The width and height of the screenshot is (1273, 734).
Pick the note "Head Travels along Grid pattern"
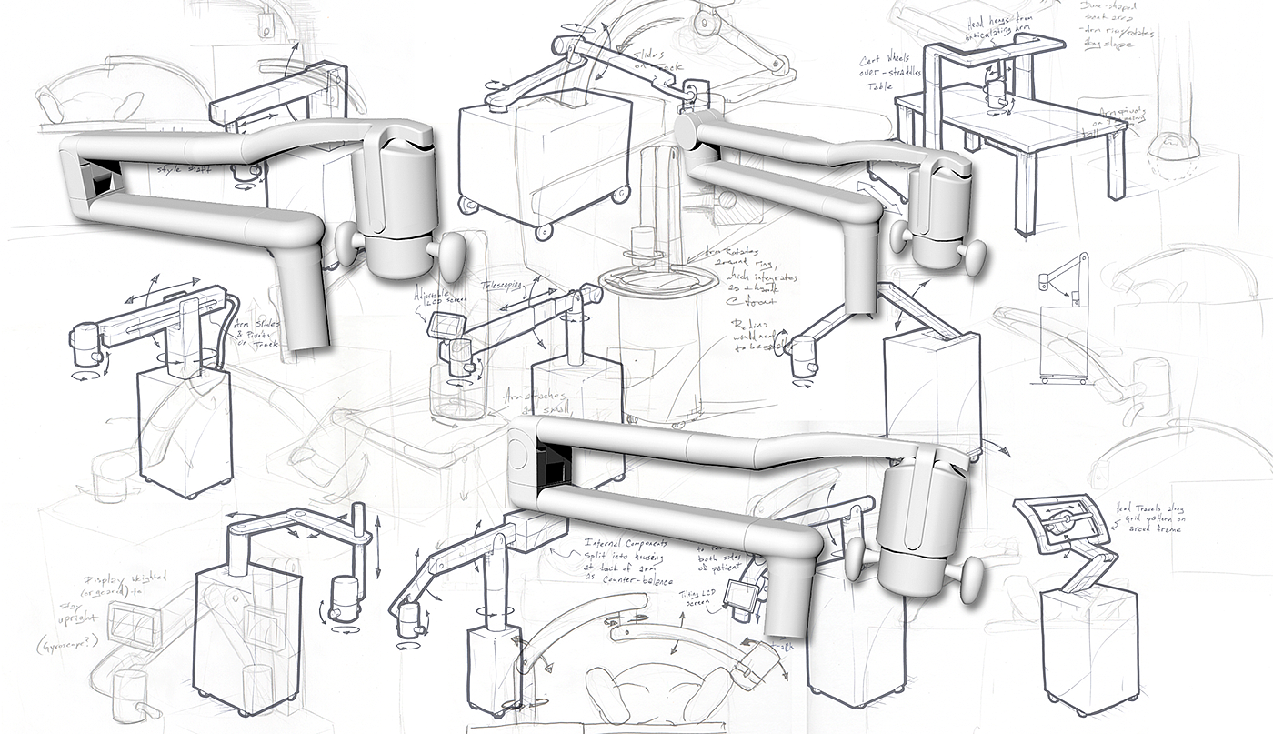pos(1154,519)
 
